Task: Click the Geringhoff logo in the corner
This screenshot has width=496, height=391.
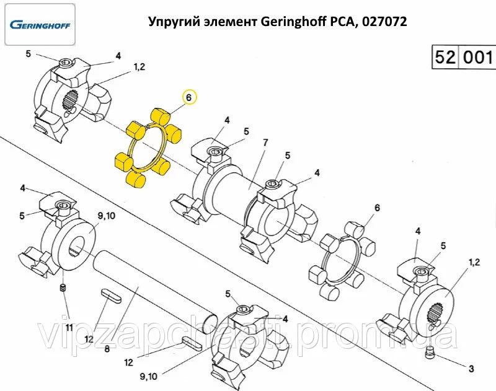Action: pos(40,25)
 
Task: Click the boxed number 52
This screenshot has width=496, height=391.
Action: pos(445,58)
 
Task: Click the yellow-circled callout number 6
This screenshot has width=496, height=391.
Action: pos(188,97)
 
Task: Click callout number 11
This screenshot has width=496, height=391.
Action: pos(69,327)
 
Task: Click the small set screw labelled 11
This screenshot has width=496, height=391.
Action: pos(63,288)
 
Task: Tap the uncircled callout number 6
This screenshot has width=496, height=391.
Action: pos(376,207)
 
